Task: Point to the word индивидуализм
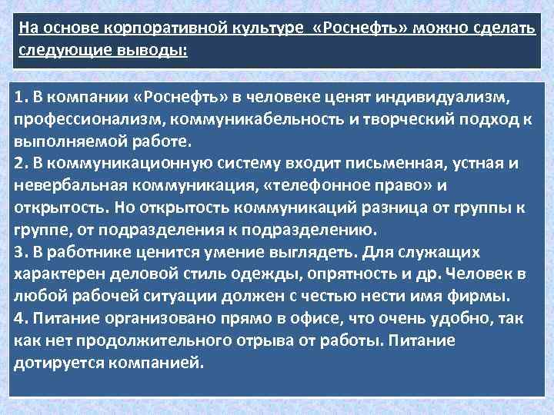[x=444, y=98]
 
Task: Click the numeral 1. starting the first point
[x=21, y=98]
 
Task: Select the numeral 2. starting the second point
[x=21, y=164]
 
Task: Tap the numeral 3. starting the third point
[x=21, y=251]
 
